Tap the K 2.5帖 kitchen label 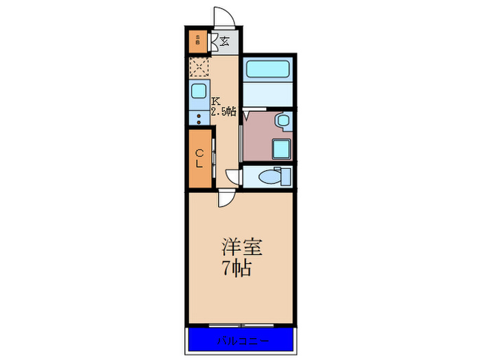point(224,106)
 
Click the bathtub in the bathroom point(267,70)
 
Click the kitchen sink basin point(200,91)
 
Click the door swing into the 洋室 point(224,199)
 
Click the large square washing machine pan point(281,147)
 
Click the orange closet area point(199,159)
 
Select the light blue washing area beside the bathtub point(267,93)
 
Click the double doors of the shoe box point(214,41)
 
